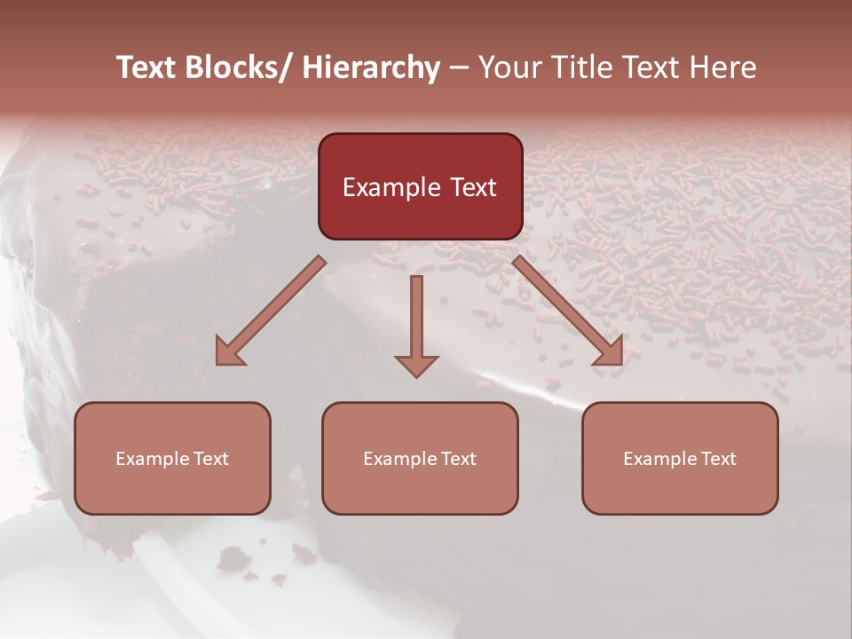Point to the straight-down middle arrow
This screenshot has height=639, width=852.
pyautogui.click(x=416, y=319)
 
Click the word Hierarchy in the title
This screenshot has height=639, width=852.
pyautogui.click(x=370, y=67)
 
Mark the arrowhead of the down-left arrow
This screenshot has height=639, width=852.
pyautogui.click(x=229, y=353)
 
